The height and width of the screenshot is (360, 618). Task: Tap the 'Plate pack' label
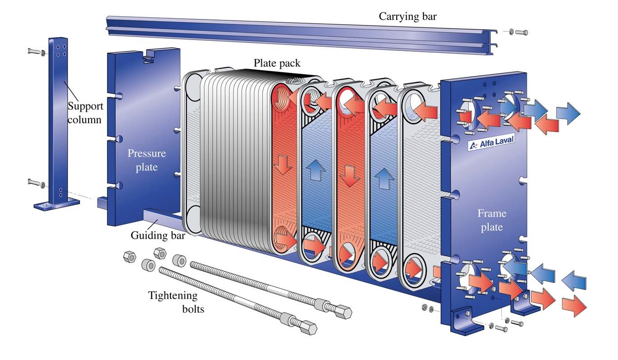pyautogui.click(x=277, y=63)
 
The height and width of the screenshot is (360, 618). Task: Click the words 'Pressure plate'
pyautogui.click(x=146, y=160)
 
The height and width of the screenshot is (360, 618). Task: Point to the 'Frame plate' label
pyautogui.click(x=492, y=220)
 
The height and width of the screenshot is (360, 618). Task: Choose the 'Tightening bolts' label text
pyautogui.click(x=173, y=302)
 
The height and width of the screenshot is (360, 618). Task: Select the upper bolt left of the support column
pyautogui.click(x=35, y=51)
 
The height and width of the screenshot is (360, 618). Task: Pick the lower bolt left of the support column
pyautogui.click(x=35, y=183)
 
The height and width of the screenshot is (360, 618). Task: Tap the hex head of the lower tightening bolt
pyautogui.click(x=309, y=328)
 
